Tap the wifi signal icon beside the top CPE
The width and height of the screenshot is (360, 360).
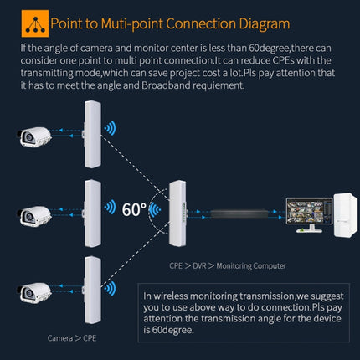[x=110, y=129]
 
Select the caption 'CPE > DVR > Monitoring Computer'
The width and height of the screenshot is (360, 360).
[x=227, y=265]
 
